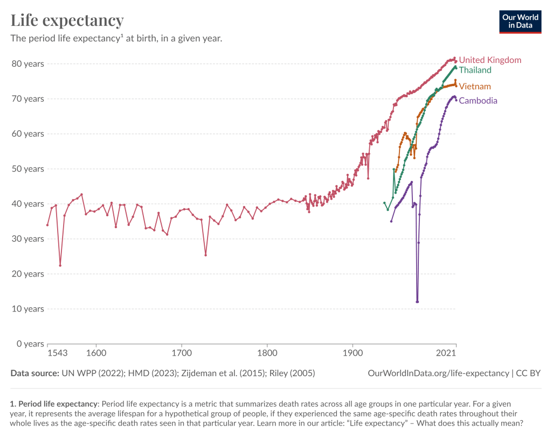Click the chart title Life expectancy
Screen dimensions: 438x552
pyautogui.click(x=67, y=20)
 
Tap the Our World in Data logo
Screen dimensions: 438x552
pyautogui.click(x=520, y=21)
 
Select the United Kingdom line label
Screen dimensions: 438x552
pyautogui.click(x=490, y=60)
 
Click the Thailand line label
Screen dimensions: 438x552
pyautogui.click(x=475, y=70)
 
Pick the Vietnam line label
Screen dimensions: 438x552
pyautogui.click(x=474, y=86)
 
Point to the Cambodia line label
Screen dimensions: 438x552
pyautogui.click(x=478, y=101)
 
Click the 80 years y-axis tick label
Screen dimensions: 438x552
pyautogui.click(x=27, y=63)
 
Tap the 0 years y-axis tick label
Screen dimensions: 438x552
pyautogui.click(x=30, y=344)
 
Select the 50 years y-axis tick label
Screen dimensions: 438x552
pyautogui.click(x=27, y=168)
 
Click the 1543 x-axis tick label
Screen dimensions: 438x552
pyautogui.click(x=57, y=353)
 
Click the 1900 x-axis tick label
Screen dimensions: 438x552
pyautogui.click(x=353, y=353)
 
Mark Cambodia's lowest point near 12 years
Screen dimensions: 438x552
pyautogui.click(x=417, y=302)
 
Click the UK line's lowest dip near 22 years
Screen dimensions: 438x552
pyautogui.click(x=60, y=265)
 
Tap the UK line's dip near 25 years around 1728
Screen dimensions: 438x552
pyautogui.click(x=205, y=255)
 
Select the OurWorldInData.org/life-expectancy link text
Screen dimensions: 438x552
pyautogui.click(x=438, y=373)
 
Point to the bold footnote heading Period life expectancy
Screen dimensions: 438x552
pyautogui.click(x=57, y=403)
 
